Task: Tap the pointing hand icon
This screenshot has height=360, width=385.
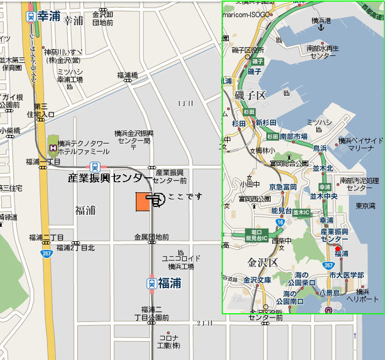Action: pos(156,200)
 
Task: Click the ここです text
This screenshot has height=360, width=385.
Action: pos(185,196)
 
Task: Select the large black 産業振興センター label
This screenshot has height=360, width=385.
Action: pos(110,178)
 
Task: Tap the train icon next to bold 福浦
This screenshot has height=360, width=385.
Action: pos(151,283)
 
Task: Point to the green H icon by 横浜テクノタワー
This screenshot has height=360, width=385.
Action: pos(53,147)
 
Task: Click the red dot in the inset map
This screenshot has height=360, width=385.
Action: pos(338,248)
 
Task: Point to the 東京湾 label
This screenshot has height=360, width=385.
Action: pos(365,206)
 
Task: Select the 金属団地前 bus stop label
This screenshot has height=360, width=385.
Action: pos(151,237)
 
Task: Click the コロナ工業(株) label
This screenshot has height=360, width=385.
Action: pos(169,341)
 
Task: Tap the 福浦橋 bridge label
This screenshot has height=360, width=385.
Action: pos(127,75)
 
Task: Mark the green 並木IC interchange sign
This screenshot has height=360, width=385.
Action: pos(302,211)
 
